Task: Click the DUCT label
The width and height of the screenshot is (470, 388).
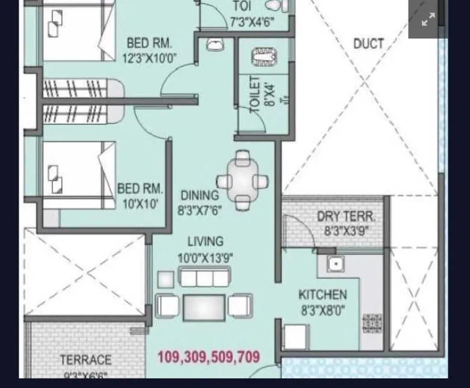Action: [x=368, y=44]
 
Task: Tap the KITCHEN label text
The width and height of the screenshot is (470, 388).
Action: [x=323, y=295]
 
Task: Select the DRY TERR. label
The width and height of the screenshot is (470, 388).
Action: [x=345, y=217]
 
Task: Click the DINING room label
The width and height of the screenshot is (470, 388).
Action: [x=199, y=196]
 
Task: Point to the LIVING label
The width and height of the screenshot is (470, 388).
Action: [x=205, y=242]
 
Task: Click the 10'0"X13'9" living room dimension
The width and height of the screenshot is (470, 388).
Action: [x=205, y=258]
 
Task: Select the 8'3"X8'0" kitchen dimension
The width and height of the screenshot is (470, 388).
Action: [x=323, y=311]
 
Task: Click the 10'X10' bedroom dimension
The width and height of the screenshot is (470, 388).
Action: [x=140, y=204]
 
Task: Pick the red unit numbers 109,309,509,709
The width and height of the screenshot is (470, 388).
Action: [x=208, y=357]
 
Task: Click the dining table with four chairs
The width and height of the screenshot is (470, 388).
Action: [x=243, y=181]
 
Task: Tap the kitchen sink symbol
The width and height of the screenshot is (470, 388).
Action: [x=335, y=264]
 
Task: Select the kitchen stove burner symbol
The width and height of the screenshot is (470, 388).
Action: [x=372, y=324]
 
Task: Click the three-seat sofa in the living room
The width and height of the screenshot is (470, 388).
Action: [x=205, y=278]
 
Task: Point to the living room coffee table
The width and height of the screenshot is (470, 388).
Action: [x=204, y=307]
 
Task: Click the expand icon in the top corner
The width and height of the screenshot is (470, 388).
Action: [x=428, y=19]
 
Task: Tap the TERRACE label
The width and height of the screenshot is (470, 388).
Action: [x=85, y=360]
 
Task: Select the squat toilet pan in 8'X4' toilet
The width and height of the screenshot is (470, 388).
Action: [x=263, y=58]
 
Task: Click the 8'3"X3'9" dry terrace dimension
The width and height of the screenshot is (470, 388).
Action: [x=346, y=231]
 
